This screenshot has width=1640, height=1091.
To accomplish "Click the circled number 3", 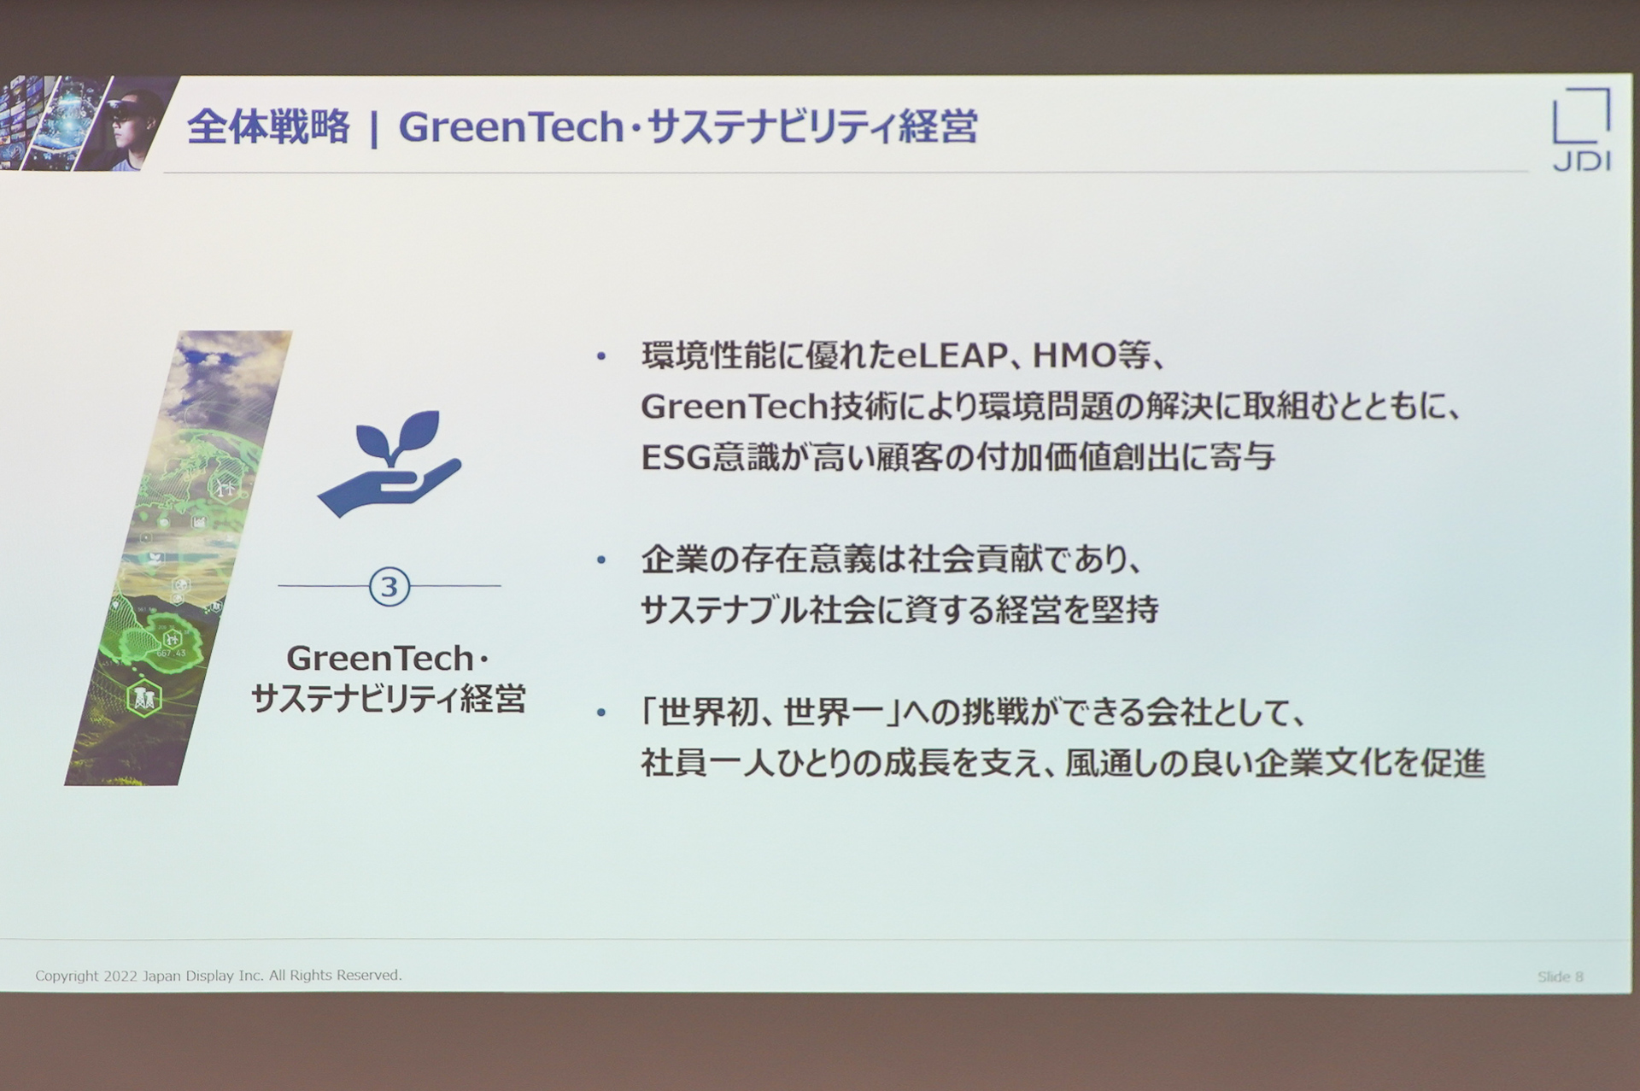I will click(389, 587).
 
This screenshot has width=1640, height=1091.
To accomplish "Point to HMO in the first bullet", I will click(1075, 355).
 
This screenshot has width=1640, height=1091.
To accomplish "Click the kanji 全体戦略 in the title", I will click(268, 127).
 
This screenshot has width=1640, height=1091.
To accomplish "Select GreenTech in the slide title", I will click(511, 127).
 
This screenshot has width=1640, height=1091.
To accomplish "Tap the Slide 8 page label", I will click(1560, 977).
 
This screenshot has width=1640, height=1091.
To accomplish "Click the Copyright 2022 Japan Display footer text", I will click(218, 975).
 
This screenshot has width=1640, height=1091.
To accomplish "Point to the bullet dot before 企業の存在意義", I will click(601, 560).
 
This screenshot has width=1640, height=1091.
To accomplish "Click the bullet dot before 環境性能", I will click(601, 356).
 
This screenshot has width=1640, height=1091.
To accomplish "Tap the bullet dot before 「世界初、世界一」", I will click(601, 712).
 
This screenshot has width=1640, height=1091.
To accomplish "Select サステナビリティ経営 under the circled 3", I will click(389, 699).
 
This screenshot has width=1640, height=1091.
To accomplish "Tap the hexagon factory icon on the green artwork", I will click(143, 698).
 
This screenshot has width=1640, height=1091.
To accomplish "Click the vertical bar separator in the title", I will click(374, 128).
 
